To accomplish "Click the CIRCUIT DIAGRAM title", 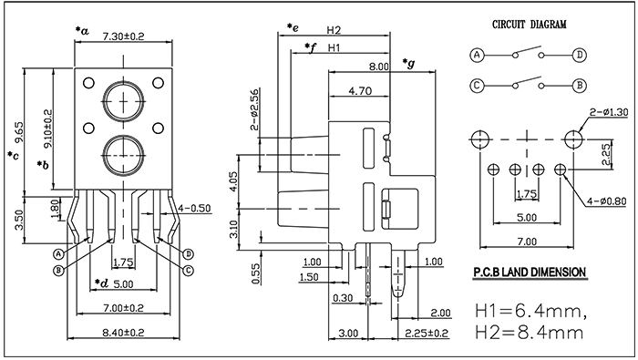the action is (x=529, y=25).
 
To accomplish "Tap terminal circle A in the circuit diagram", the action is (x=478, y=55).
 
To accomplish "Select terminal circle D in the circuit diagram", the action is (x=580, y=55).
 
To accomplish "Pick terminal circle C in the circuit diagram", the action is (x=478, y=86).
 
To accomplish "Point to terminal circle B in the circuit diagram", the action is (x=580, y=86).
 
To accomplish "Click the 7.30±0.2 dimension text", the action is (x=123, y=36).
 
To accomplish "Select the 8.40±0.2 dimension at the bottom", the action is (x=123, y=333).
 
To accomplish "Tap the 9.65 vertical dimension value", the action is (x=19, y=132).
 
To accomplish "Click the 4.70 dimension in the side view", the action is (x=360, y=91).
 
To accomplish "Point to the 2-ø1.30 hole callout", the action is (x=609, y=112).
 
